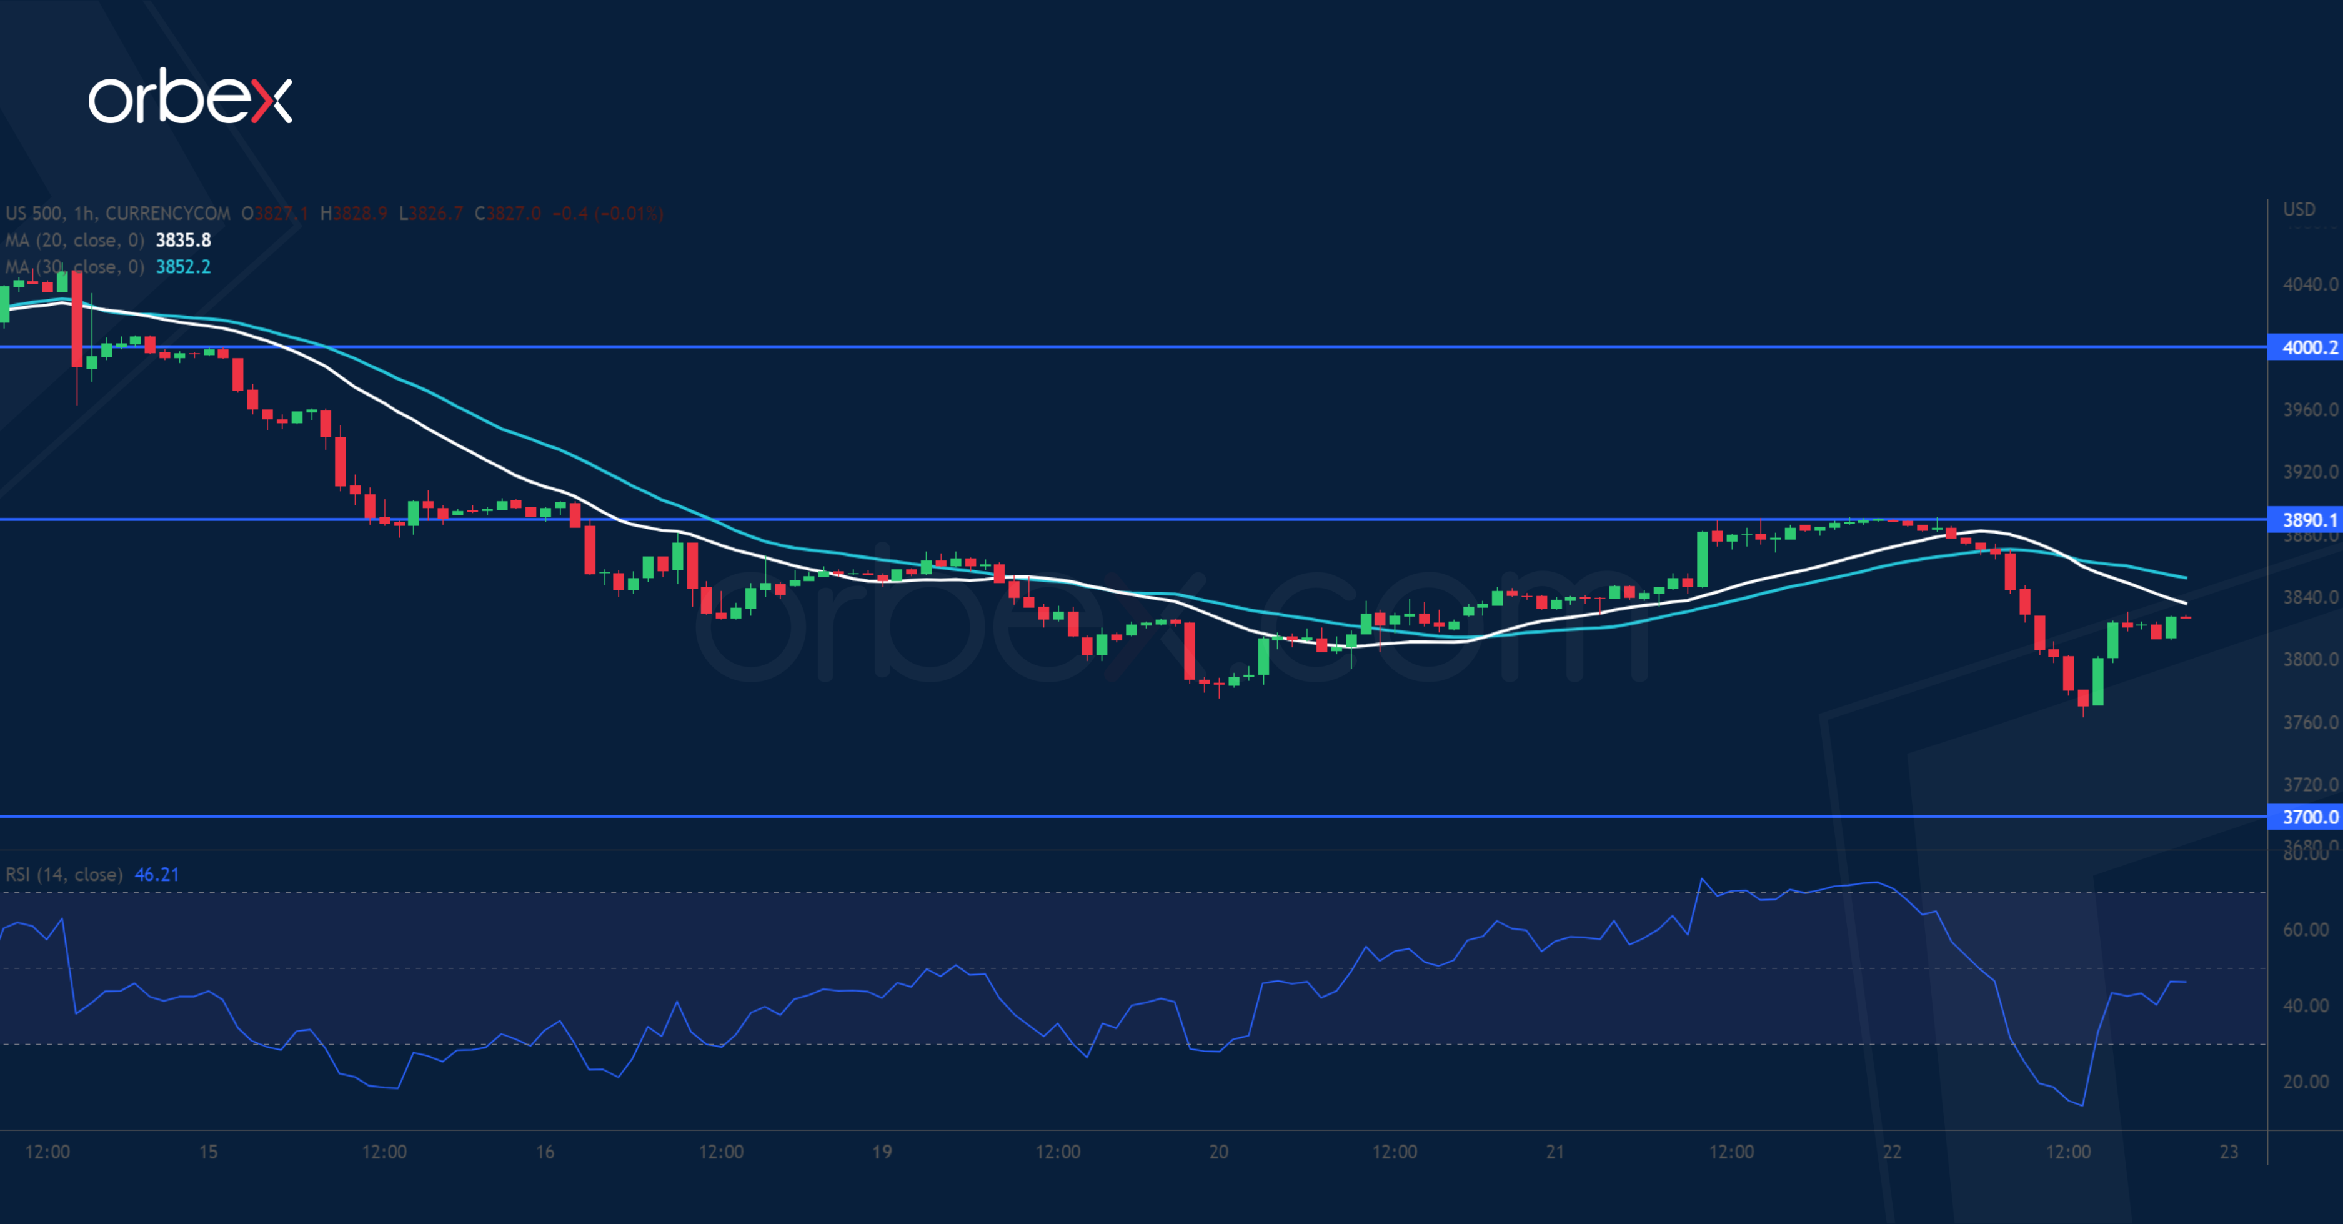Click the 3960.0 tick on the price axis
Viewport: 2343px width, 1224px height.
click(x=2309, y=410)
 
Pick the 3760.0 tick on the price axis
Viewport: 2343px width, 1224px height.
click(x=2309, y=723)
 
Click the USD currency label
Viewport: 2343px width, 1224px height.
click(x=2299, y=210)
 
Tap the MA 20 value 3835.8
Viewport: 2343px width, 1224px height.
click(x=183, y=240)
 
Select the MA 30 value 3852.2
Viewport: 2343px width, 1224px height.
click(x=183, y=266)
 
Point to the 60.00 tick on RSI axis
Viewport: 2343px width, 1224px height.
click(x=2306, y=929)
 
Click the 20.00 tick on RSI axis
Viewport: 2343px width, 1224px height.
click(x=2306, y=1081)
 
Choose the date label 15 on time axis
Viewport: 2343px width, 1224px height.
click(x=208, y=1152)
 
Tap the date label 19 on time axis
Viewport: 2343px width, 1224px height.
click(x=882, y=1152)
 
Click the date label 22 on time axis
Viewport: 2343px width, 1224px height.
click(x=1892, y=1152)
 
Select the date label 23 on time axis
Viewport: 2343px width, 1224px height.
click(x=2229, y=1152)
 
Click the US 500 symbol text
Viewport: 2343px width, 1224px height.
click(x=34, y=214)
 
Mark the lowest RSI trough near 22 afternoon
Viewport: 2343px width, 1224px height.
click(x=2082, y=1105)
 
